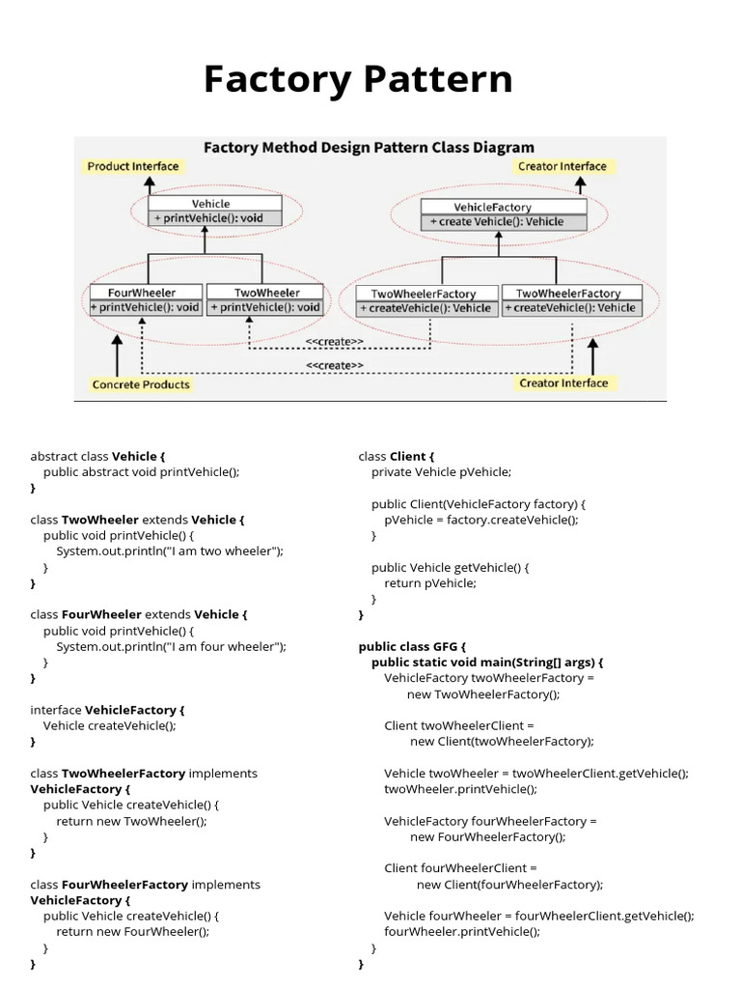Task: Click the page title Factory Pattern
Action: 358,79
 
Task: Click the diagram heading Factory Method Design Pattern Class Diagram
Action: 368,148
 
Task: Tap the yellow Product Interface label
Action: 133,166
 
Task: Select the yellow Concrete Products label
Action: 141,384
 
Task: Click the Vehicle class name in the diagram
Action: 211,204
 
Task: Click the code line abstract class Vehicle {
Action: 97,456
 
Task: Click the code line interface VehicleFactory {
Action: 107,710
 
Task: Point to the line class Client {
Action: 397,456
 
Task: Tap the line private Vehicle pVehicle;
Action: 441,472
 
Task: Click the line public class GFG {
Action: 412,646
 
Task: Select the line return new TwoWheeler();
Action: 131,821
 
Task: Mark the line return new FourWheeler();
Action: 132,932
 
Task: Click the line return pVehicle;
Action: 430,583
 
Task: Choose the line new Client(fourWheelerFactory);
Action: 509,885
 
